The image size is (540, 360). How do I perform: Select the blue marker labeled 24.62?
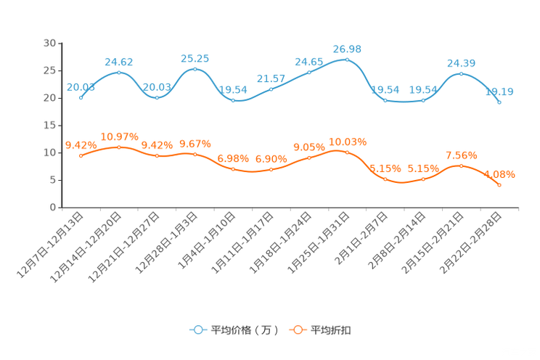point(118,72)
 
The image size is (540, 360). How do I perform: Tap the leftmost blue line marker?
point(81,97)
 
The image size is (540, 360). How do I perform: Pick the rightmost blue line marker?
point(499,103)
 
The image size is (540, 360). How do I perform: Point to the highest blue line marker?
point(347,60)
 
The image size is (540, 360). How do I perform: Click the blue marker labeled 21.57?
point(271,89)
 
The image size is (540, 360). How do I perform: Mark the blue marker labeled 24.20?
point(461,73)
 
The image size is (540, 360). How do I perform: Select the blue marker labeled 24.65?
point(309,72)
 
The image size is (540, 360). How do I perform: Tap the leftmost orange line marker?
point(81,155)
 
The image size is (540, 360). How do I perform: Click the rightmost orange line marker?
point(499,185)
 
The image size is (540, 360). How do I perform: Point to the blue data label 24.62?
point(118,61)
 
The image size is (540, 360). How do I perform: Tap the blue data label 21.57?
point(271,78)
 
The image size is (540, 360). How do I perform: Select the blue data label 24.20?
point(461,62)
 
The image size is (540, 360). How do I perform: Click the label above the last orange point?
point(499,174)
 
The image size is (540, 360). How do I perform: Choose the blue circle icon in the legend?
point(197,330)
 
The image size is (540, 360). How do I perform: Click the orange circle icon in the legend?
point(297,330)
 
